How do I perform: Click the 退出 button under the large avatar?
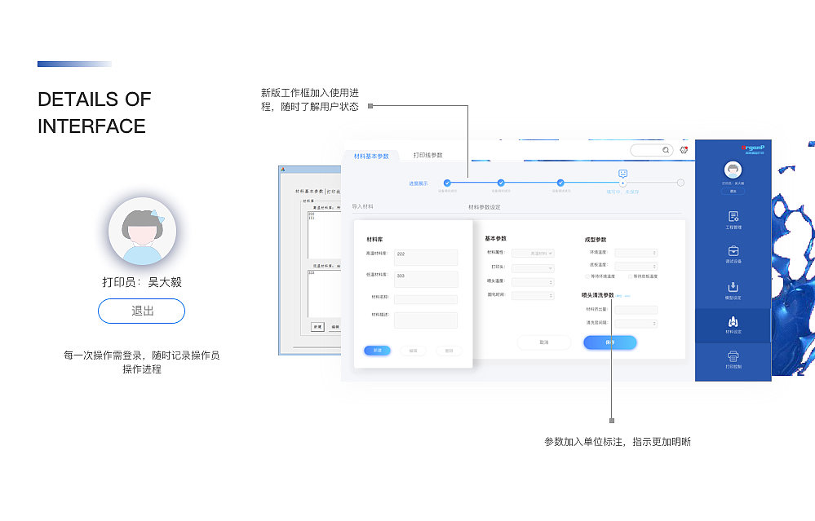click(x=141, y=311)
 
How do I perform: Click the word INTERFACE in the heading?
click(x=91, y=126)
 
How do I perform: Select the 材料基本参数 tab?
click(x=371, y=155)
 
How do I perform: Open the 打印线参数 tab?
click(x=427, y=155)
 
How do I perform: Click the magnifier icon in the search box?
click(x=666, y=150)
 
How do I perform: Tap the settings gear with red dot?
click(x=684, y=150)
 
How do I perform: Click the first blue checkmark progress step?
click(x=447, y=183)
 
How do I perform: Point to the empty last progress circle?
click(x=680, y=183)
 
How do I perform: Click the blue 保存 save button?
click(x=609, y=342)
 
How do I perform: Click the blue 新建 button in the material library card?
click(x=377, y=351)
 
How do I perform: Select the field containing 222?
click(x=425, y=257)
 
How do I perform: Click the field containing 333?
click(x=425, y=279)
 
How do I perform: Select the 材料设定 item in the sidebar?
click(x=733, y=324)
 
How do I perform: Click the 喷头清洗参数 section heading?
click(x=597, y=295)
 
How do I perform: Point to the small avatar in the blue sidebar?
click(x=733, y=170)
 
